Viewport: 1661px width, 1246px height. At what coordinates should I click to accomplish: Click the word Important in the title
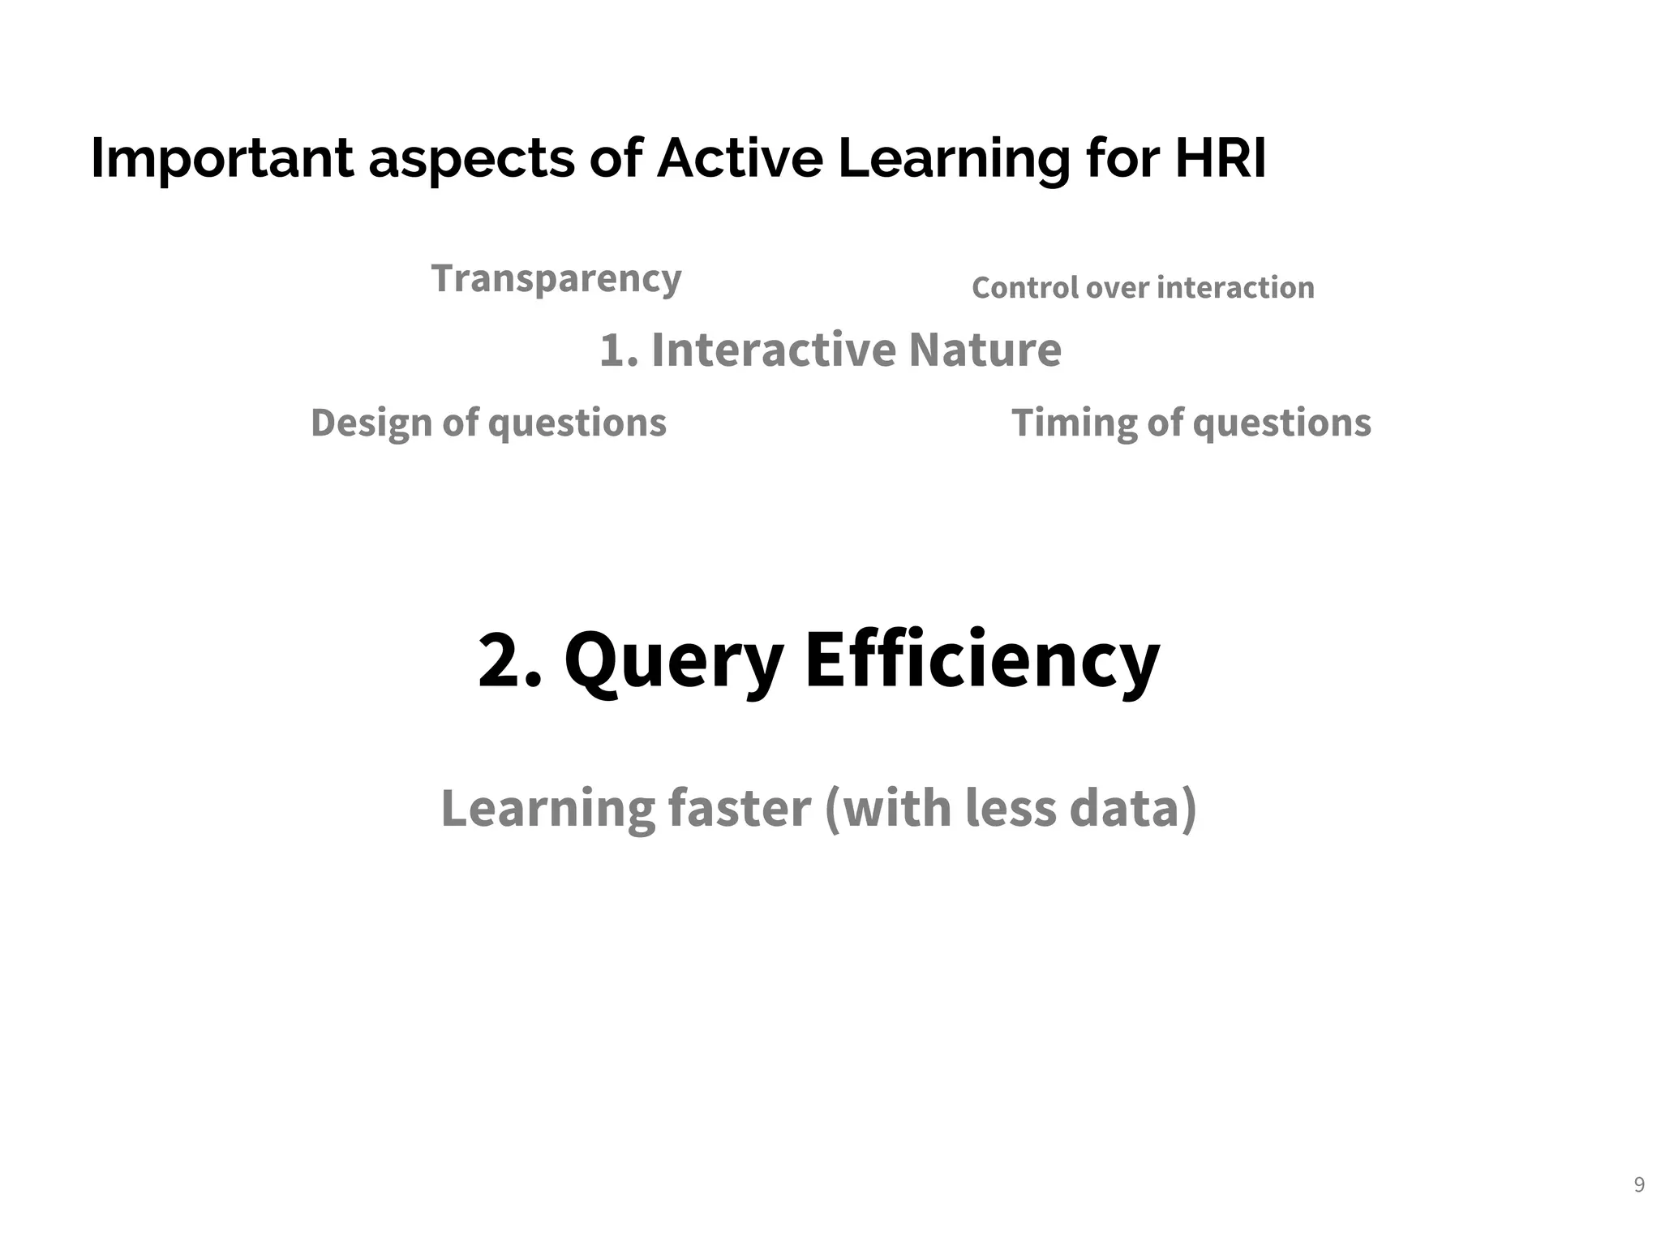tap(221, 159)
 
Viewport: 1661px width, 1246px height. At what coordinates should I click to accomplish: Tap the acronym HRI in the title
tap(1220, 157)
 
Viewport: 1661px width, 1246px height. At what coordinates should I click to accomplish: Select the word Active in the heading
tap(740, 157)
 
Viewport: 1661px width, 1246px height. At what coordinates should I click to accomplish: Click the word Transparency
tap(556, 279)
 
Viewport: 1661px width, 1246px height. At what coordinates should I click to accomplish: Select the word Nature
tap(985, 350)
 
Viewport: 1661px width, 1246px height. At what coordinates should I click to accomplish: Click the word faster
tap(739, 809)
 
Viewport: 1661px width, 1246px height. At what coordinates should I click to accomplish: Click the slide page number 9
tap(1639, 1185)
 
